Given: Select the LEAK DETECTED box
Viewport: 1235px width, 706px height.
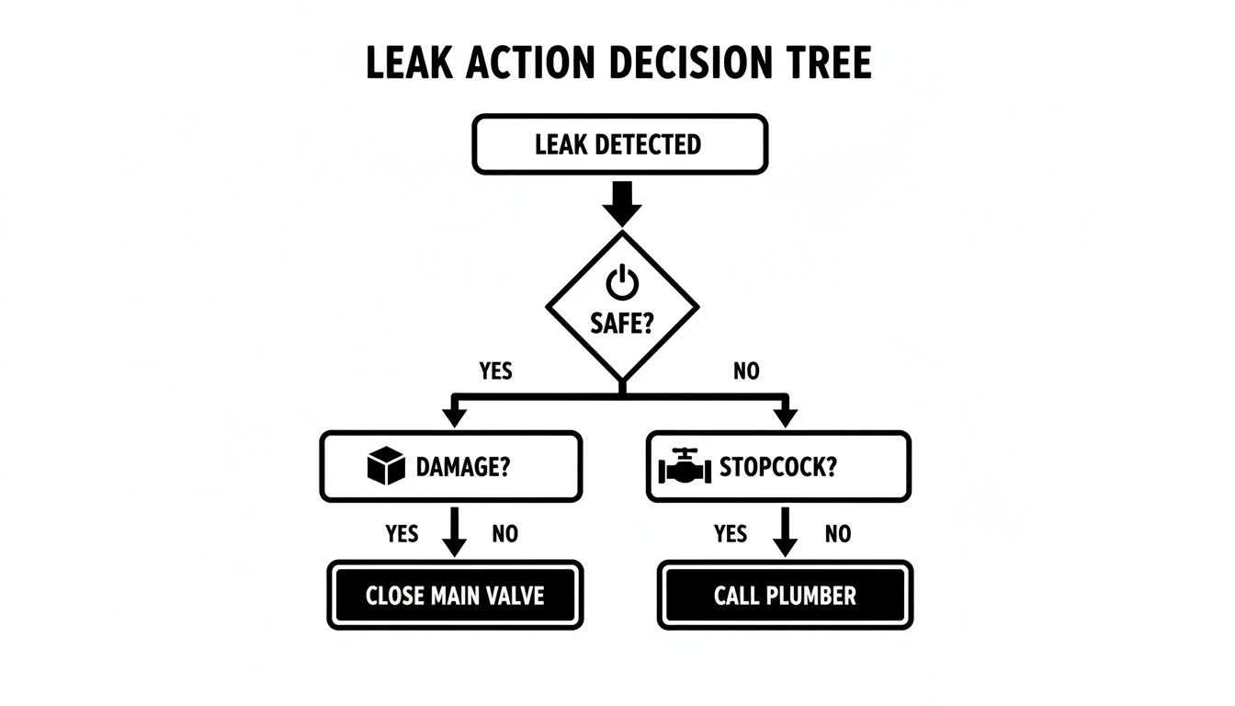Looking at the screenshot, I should [x=619, y=144].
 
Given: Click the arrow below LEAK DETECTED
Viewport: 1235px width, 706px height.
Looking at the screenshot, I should [x=622, y=202].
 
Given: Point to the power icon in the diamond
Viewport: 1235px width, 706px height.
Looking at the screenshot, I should [x=622, y=280].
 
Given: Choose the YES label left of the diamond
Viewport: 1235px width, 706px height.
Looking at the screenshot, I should [x=496, y=371].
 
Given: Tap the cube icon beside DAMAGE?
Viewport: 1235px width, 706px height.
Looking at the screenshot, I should [x=385, y=466].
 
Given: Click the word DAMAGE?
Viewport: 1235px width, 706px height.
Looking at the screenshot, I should [x=463, y=467].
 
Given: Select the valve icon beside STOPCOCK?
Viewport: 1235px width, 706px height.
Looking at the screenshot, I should [x=685, y=466].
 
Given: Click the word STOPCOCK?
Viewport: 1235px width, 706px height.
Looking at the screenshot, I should [x=777, y=467].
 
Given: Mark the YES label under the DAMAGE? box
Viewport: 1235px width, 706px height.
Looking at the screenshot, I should [x=402, y=533].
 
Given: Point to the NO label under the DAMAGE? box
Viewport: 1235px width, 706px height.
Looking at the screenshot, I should [x=504, y=533].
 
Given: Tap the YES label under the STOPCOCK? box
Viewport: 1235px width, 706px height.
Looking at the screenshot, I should [x=731, y=533].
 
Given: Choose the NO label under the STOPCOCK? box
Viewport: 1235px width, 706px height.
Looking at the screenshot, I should [x=837, y=533].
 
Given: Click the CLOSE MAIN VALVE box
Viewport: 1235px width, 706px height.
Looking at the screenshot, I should [x=455, y=595].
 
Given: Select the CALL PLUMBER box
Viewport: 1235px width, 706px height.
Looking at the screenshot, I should [x=785, y=595].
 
